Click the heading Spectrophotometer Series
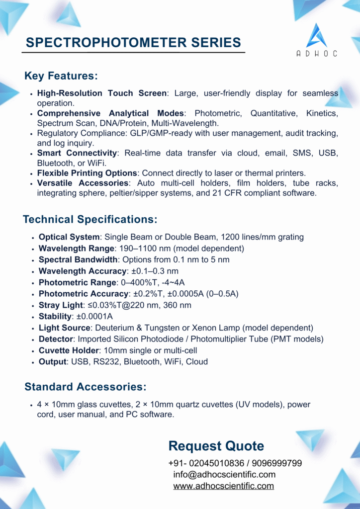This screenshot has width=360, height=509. tap(133, 42)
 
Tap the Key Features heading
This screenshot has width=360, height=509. tap(61, 76)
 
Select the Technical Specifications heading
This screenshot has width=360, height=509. tap(90, 219)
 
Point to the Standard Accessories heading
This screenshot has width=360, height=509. tap(85, 386)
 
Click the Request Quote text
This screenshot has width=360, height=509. tap(216, 445)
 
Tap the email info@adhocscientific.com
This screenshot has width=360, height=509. tap(224, 475)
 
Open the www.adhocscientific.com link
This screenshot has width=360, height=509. tap(223, 486)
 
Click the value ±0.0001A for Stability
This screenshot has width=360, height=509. tap(92, 317)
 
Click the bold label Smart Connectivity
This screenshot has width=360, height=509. tap(77, 153)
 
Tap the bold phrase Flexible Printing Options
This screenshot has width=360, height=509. tap(87, 173)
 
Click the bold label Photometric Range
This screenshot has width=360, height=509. tap(77, 282)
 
